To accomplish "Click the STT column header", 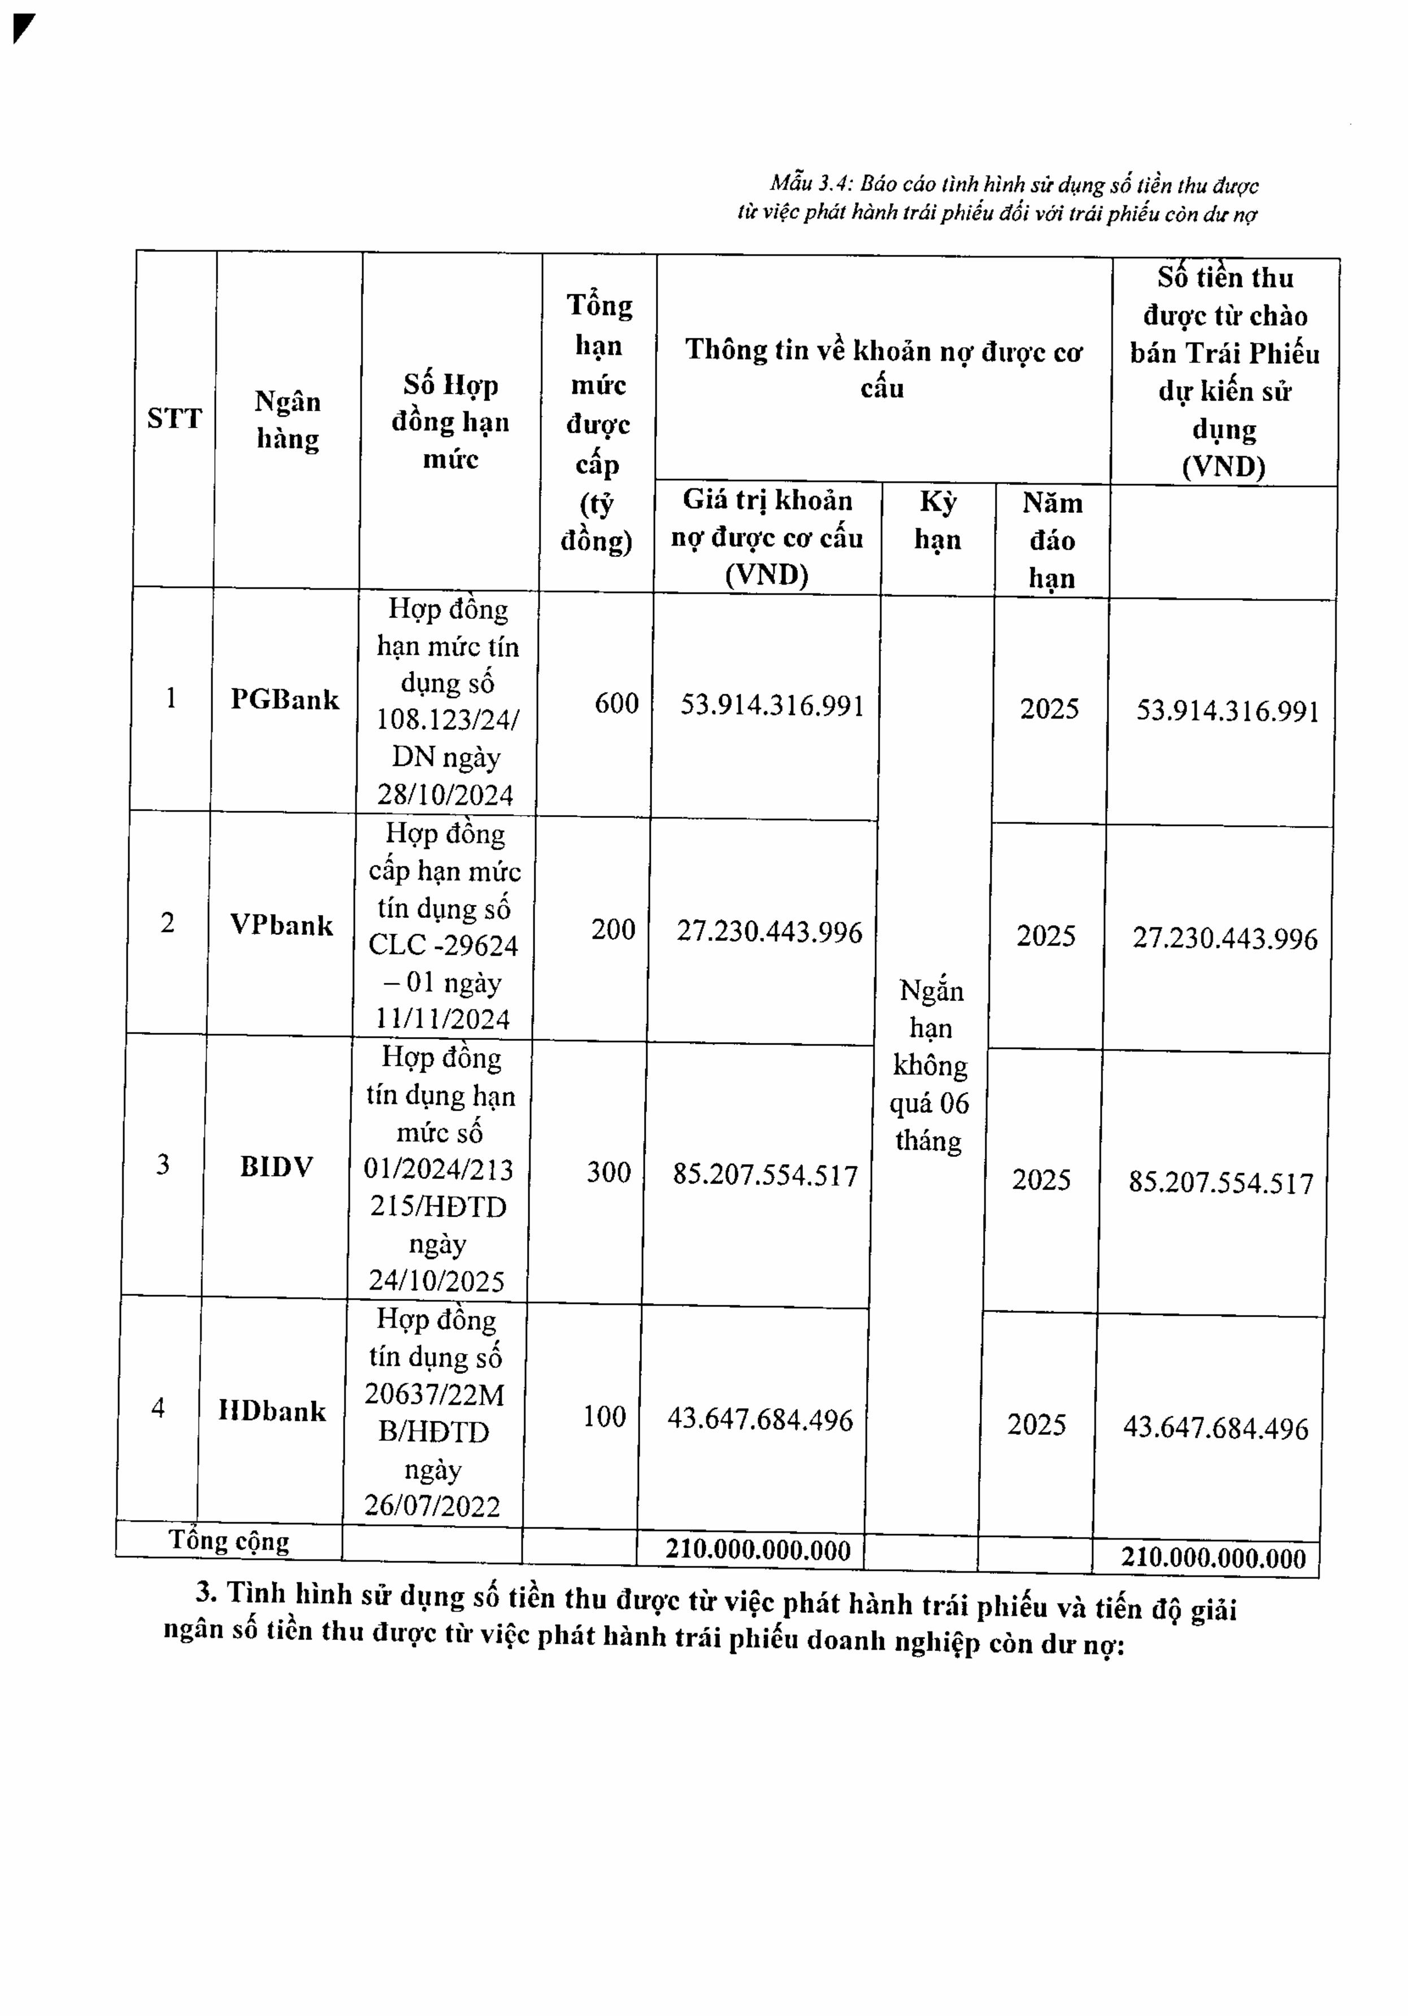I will [174, 418].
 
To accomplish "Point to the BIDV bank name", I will [277, 1167].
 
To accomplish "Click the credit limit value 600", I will [616, 703].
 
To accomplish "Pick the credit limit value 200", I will [613, 929].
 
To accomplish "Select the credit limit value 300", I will [609, 1172].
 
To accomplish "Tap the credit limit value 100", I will [605, 1416].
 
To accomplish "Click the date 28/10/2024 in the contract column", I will [445, 795].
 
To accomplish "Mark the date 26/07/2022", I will [432, 1506].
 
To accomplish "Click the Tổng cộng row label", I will [228, 1541].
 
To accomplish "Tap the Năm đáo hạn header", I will [1052, 540].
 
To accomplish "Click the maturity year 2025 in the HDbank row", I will [1036, 1423].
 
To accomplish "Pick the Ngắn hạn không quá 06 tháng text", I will [930, 1065].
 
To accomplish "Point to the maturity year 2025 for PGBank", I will [1049, 708].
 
